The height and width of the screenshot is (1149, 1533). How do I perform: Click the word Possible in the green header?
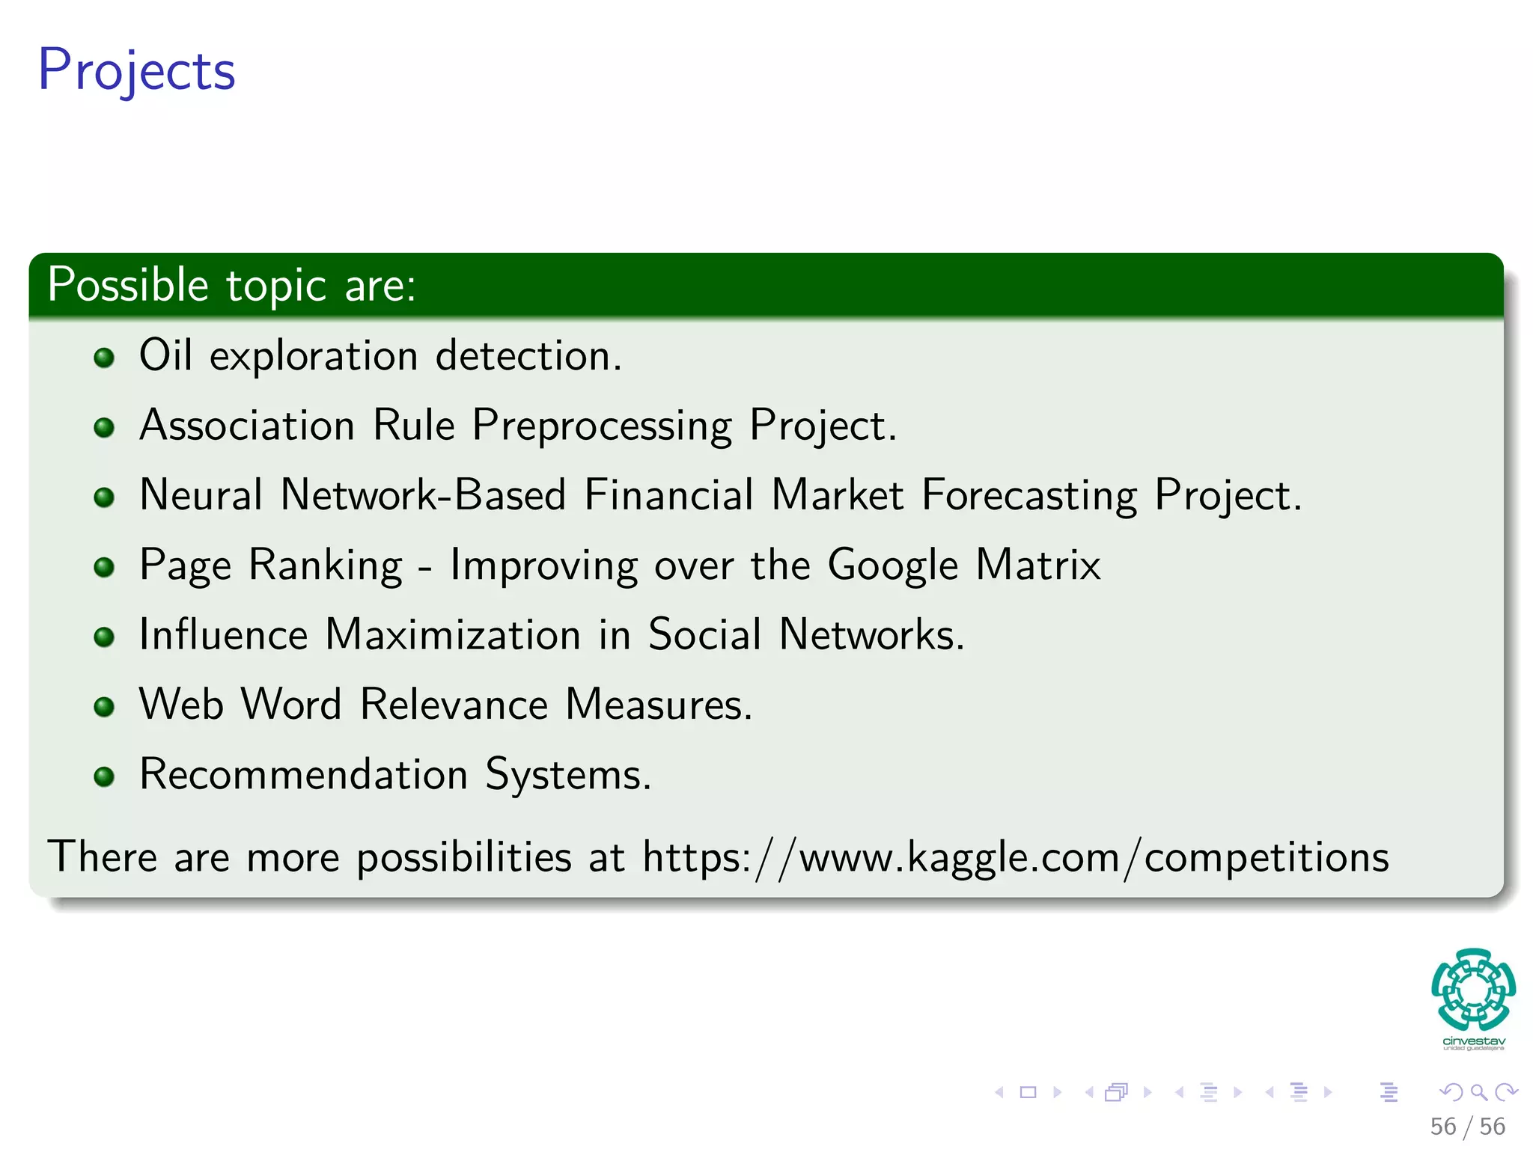click(x=128, y=285)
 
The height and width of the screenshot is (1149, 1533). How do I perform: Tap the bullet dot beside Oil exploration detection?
click(x=104, y=358)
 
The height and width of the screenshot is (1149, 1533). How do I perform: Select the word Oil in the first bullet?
click(x=165, y=355)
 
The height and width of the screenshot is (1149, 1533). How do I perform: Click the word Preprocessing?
click(x=602, y=426)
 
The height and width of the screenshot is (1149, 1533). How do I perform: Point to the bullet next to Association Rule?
click(x=104, y=427)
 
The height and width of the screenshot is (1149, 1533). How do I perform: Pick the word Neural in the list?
click(x=201, y=495)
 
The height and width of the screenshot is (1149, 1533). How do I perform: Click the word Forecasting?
click(x=1029, y=495)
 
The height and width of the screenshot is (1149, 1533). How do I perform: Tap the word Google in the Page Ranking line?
click(x=892, y=566)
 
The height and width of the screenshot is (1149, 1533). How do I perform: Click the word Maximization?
click(x=453, y=634)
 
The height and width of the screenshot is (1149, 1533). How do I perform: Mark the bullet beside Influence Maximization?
click(x=104, y=637)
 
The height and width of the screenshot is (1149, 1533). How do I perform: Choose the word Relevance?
click(x=454, y=705)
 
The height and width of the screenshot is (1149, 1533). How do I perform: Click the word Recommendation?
click(x=303, y=774)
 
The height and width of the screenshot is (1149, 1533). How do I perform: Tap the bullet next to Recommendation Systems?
click(x=104, y=776)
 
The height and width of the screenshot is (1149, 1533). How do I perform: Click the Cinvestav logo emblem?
click(x=1473, y=989)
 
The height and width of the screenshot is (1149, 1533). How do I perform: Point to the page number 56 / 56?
click(x=1467, y=1127)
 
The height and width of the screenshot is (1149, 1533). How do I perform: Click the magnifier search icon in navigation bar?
click(x=1478, y=1093)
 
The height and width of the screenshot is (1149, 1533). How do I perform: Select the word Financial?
click(x=668, y=495)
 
